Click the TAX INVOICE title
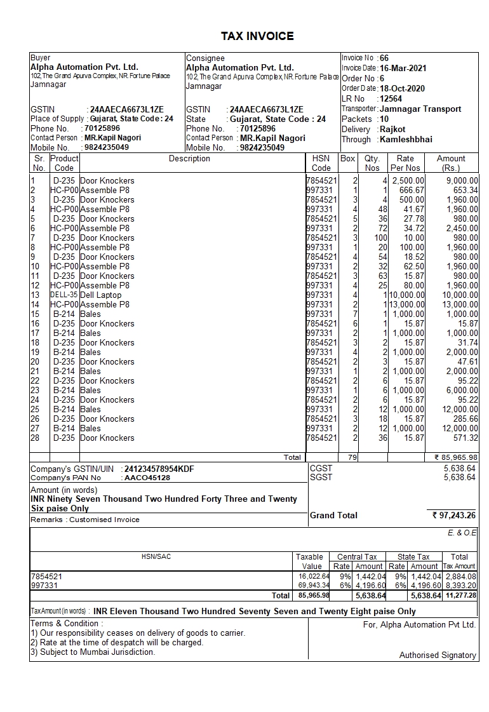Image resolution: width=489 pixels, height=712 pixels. [x=257, y=36]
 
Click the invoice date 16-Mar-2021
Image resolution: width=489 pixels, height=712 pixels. [x=403, y=68]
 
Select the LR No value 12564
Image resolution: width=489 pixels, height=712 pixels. [x=391, y=98]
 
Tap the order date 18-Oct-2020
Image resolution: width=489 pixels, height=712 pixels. [x=402, y=88]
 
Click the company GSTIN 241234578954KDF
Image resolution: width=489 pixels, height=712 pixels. [x=159, y=469]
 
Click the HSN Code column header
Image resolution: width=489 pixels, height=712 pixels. [x=321, y=163]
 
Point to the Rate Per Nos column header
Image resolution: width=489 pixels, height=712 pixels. [x=405, y=163]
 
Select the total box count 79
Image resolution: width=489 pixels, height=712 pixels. [x=348, y=457]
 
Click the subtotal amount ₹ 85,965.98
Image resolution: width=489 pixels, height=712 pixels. [x=456, y=457]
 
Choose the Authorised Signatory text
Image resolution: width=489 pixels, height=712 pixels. [x=438, y=655]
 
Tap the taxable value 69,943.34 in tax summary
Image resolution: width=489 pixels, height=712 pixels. [x=314, y=585]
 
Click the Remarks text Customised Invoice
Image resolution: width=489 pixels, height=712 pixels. [x=104, y=520]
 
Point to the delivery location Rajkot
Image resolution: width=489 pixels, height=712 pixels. [x=392, y=129]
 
